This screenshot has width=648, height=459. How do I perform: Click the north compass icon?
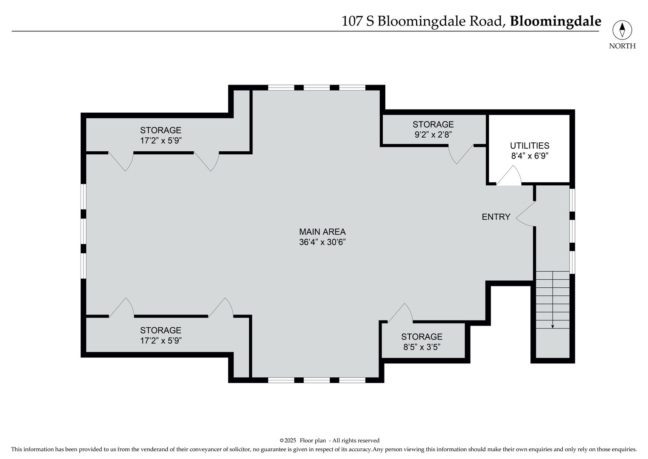coord(622,30)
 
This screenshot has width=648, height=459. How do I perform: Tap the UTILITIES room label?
coord(530,146)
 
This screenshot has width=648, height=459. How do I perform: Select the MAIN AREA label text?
coord(322,232)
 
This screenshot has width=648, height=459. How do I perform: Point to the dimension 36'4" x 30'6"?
coord(322,242)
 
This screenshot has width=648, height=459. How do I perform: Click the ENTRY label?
coord(496,217)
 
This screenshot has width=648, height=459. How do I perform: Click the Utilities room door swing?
coord(509,177)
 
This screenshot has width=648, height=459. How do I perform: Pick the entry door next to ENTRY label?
coord(525,214)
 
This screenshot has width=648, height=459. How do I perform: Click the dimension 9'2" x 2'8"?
coord(433,135)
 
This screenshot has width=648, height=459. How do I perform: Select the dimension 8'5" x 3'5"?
coord(421,347)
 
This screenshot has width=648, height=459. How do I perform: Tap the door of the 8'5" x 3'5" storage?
coord(401,313)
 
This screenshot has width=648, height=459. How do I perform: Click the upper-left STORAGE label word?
coord(161,130)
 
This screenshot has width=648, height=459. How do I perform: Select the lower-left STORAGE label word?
coord(161,330)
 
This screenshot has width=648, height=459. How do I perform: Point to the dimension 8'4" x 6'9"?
coord(530,156)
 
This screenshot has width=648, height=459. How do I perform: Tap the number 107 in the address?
coord(352,21)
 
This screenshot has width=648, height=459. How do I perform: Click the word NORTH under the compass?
coord(622,46)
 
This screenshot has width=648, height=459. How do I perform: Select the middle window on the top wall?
coord(317,88)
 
